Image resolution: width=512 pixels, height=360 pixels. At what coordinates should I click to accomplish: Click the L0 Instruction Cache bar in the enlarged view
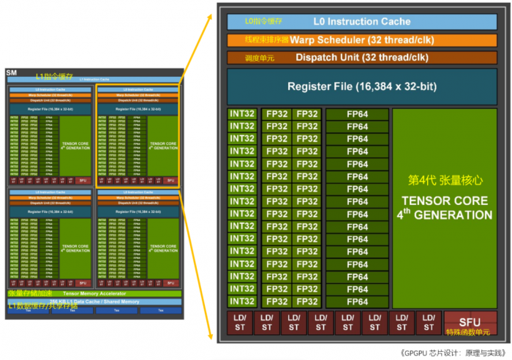[x=362, y=22]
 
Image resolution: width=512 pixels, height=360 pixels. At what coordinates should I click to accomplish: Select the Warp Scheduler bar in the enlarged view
[x=362, y=40]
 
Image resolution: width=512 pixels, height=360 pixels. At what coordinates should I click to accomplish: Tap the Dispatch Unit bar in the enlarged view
[x=362, y=57]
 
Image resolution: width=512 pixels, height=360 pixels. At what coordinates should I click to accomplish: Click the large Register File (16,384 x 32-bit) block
[x=362, y=86]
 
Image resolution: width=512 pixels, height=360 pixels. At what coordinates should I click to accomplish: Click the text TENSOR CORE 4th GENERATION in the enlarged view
[x=445, y=207]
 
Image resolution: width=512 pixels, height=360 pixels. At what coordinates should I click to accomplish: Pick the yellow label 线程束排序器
[x=267, y=40]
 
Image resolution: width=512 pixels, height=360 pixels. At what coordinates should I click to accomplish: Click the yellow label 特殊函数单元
[x=469, y=333]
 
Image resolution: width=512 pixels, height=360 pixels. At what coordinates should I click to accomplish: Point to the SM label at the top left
[x=11, y=72]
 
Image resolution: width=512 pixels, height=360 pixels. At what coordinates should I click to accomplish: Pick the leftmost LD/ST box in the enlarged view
[x=238, y=323]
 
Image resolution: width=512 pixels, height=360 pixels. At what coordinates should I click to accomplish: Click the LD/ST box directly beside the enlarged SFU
[x=427, y=323]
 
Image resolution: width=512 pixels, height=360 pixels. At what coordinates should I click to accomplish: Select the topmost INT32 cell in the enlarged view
[x=242, y=114]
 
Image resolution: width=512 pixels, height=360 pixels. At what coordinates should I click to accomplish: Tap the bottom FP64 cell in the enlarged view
[x=357, y=301]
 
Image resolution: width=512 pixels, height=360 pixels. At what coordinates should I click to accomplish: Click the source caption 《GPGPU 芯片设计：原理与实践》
[x=453, y=352]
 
